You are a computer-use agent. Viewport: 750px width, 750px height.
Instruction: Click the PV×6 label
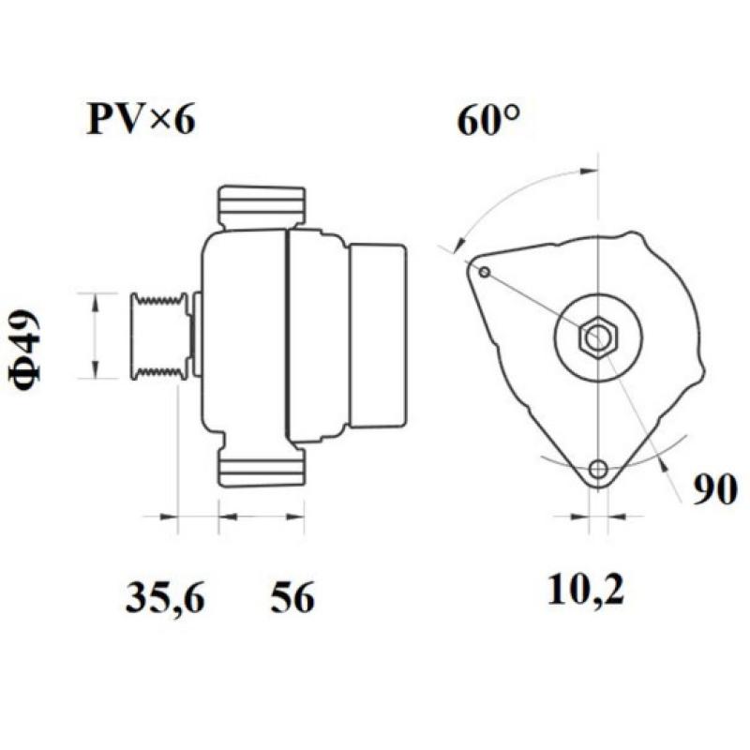coord(142,121)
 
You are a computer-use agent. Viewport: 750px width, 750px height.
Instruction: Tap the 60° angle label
coord(488,121)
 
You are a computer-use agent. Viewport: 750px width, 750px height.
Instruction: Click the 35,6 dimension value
coord(164,597)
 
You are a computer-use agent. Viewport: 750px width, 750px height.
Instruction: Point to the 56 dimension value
coord(292,597)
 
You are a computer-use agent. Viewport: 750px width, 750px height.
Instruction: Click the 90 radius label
coord(714,488)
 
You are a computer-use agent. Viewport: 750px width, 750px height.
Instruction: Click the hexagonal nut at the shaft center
coord(596,337)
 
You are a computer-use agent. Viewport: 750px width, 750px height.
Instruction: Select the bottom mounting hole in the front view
coord(597,469)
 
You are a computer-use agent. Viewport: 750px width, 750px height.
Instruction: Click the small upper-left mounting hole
coord(484,272)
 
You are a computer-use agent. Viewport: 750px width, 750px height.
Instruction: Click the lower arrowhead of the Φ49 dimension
coord(95,369)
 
